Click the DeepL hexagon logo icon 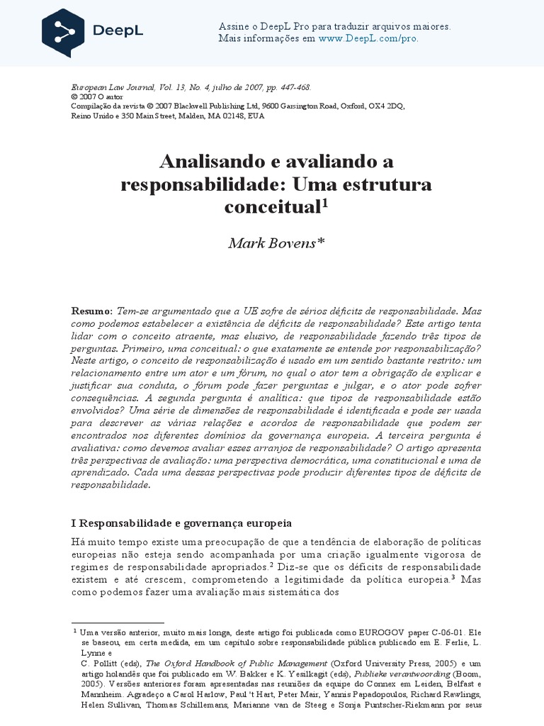(63, 33)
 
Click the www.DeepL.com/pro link (368, 38)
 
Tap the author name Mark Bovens (276, 244)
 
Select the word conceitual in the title (273, 207)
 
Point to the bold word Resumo (91, 311)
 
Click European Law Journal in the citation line (110, 86)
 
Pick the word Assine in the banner (232, 27)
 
